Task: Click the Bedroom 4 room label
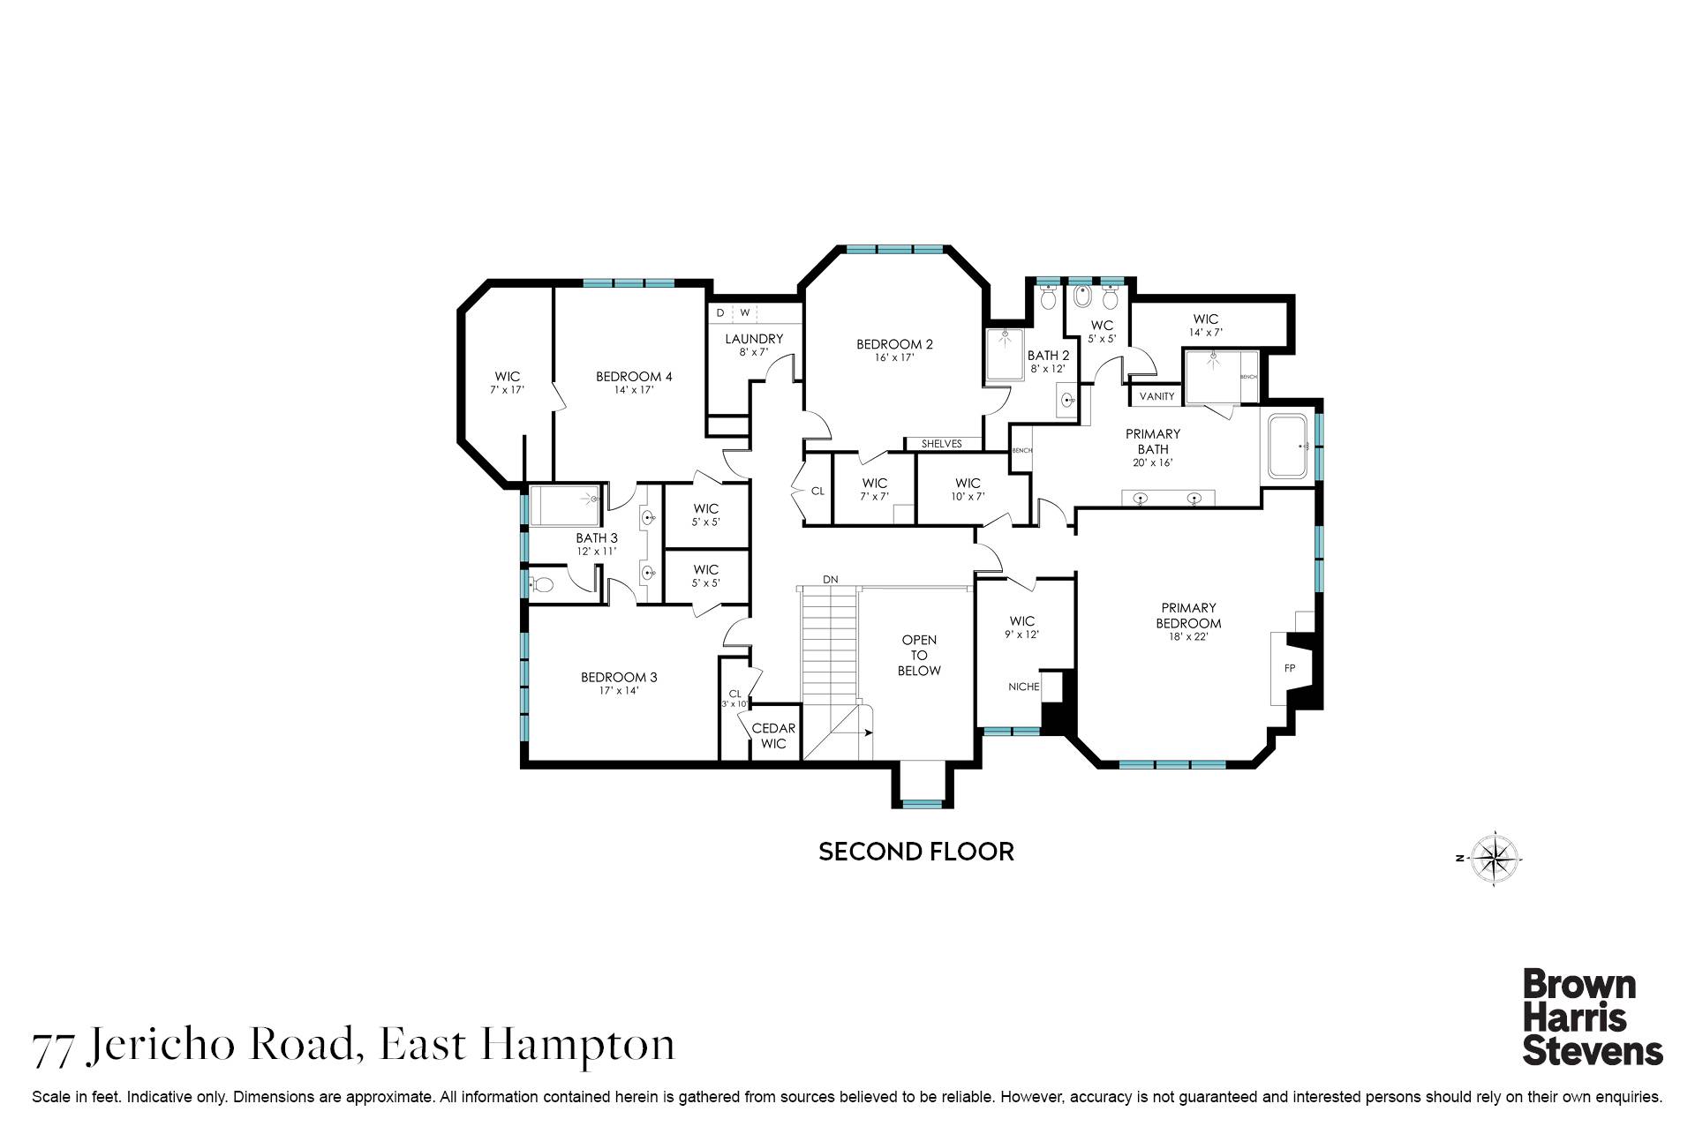(633, 377)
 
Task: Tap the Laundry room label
(753, 339)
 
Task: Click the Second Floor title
(915, 852)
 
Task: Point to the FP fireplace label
(1289, 668)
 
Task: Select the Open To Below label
(919, 655)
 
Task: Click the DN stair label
(830, 580)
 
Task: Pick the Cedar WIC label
(773, 736)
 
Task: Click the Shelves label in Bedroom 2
(941, 444)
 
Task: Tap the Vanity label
(1156, 396)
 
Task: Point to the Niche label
(1024, 687)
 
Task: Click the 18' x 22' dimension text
(1188, 636)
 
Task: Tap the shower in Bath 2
(1005, 355)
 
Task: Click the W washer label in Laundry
(744, 312)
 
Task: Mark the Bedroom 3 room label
(618, 678)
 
